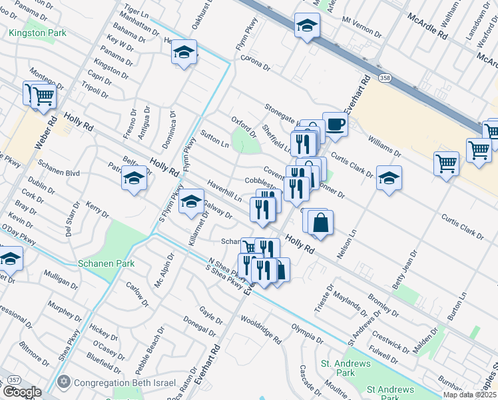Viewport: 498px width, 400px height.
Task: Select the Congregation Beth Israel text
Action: tap(124, 383)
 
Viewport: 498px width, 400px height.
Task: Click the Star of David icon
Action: tap(64, 383)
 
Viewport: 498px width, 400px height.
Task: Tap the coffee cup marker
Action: tap(335, 124)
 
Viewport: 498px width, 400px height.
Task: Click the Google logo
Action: tap(21, 392)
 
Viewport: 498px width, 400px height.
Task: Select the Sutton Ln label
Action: tap(215, 139)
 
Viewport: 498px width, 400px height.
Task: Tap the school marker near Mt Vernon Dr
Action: tap(307, 25)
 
